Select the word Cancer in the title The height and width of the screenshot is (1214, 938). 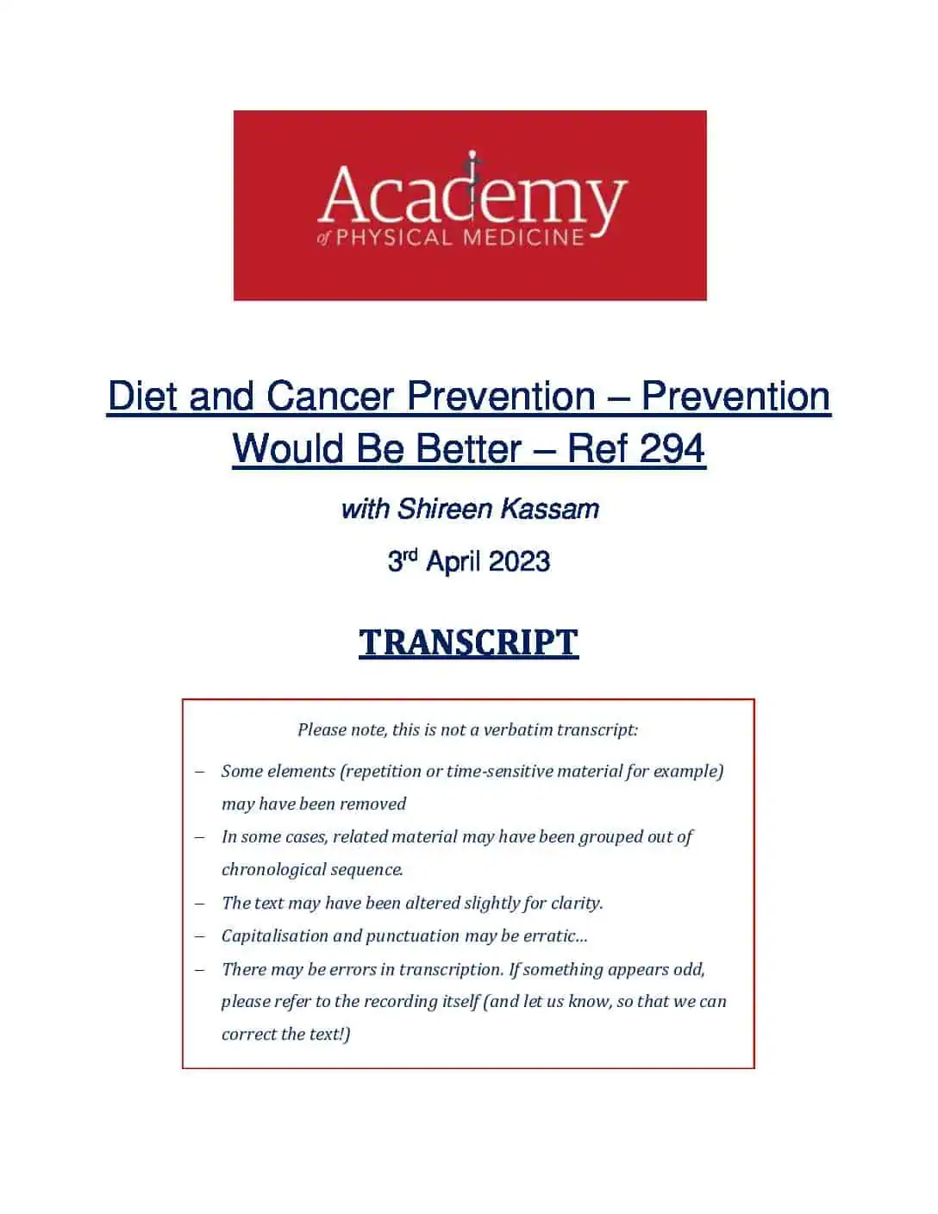tap(330, 397)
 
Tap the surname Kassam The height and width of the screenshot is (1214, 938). tap(549, 509)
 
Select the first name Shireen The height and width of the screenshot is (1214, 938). tap(445, 509)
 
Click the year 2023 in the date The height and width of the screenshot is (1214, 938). tap(519, 561)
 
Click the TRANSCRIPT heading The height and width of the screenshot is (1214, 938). tap(469, 642)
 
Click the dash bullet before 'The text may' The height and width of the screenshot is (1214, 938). tap(199, 904)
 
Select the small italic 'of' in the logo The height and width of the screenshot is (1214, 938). tap(324, 239)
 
